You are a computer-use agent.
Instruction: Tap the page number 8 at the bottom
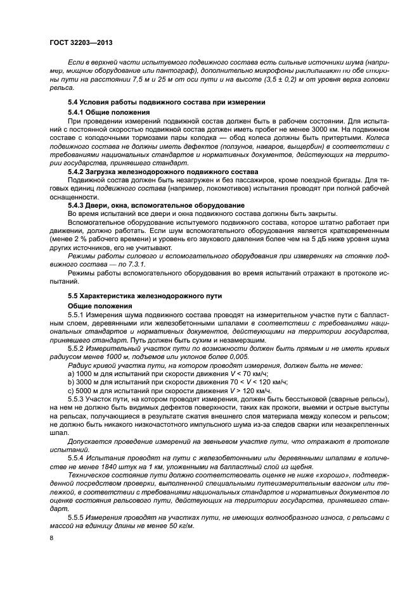pyautogui.click(x=51, y=537)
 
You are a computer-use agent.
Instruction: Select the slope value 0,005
pyautogui.click(x=218, y=356)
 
